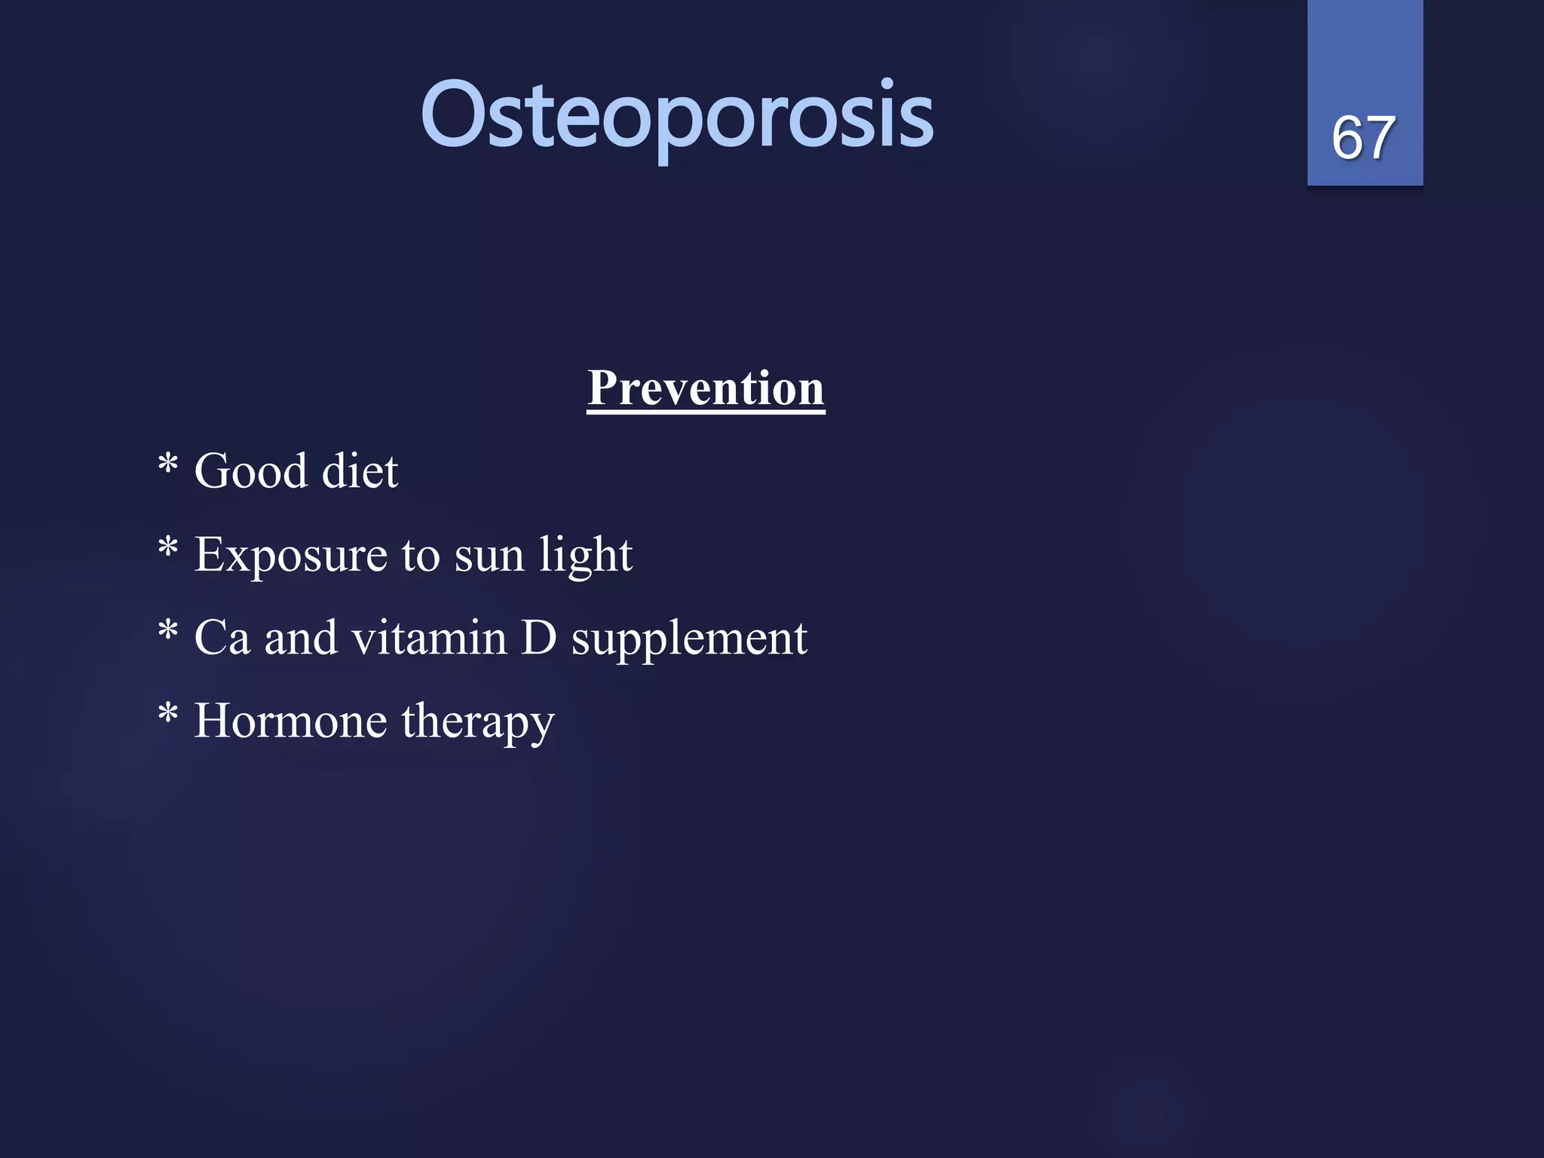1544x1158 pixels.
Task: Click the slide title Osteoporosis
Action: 677,117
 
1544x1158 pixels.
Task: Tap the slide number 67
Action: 1363,138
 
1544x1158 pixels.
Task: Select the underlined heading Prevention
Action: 706,388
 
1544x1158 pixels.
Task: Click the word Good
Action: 251,472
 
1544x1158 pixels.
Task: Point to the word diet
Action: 360,472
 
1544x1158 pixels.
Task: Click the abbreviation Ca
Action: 222,639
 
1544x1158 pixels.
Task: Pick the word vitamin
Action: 429,639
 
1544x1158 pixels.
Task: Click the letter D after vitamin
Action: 538,639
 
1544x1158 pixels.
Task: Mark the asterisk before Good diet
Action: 168,463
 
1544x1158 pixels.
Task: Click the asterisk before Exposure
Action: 168,547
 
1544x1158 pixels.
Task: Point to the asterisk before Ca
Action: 168,630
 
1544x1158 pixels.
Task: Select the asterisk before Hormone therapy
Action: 168,712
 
